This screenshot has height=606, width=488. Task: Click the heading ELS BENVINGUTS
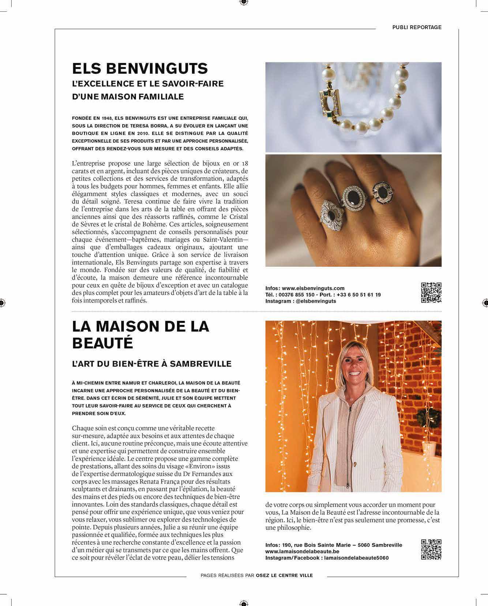pos(140,68)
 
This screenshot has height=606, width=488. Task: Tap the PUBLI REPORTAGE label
pos(417,27)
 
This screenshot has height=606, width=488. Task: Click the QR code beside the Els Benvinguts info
pos(431,293)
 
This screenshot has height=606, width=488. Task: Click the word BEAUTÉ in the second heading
pos(102,343)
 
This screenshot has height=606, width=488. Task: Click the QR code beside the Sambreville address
pos(431,549)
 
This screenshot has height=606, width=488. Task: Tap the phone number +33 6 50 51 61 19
pos(359,295)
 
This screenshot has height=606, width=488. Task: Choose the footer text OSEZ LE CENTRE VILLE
pos(284,575)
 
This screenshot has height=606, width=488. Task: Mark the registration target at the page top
pos(244,3)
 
